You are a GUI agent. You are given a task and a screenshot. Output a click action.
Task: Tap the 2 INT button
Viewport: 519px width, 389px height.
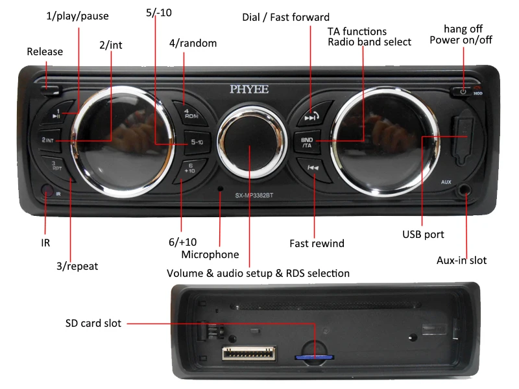(x=53, y=139)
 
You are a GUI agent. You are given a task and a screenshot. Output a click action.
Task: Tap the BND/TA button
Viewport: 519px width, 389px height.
(x=307, y=142)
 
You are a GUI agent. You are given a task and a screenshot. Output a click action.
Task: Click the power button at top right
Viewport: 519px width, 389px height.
(x=463, y=91)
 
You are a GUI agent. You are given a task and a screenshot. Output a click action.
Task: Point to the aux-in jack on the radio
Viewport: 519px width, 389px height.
(x=465, y=191)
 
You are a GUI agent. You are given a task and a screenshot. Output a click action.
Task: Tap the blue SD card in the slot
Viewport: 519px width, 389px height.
(x=309, y=355)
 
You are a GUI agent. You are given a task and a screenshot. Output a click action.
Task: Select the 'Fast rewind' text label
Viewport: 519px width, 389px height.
(x=317, y=244)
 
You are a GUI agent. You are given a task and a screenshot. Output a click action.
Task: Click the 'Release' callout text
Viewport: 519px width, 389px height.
(x=45, y=52)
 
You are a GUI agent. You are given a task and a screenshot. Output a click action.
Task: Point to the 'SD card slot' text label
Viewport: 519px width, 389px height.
(x=93, y=323)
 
